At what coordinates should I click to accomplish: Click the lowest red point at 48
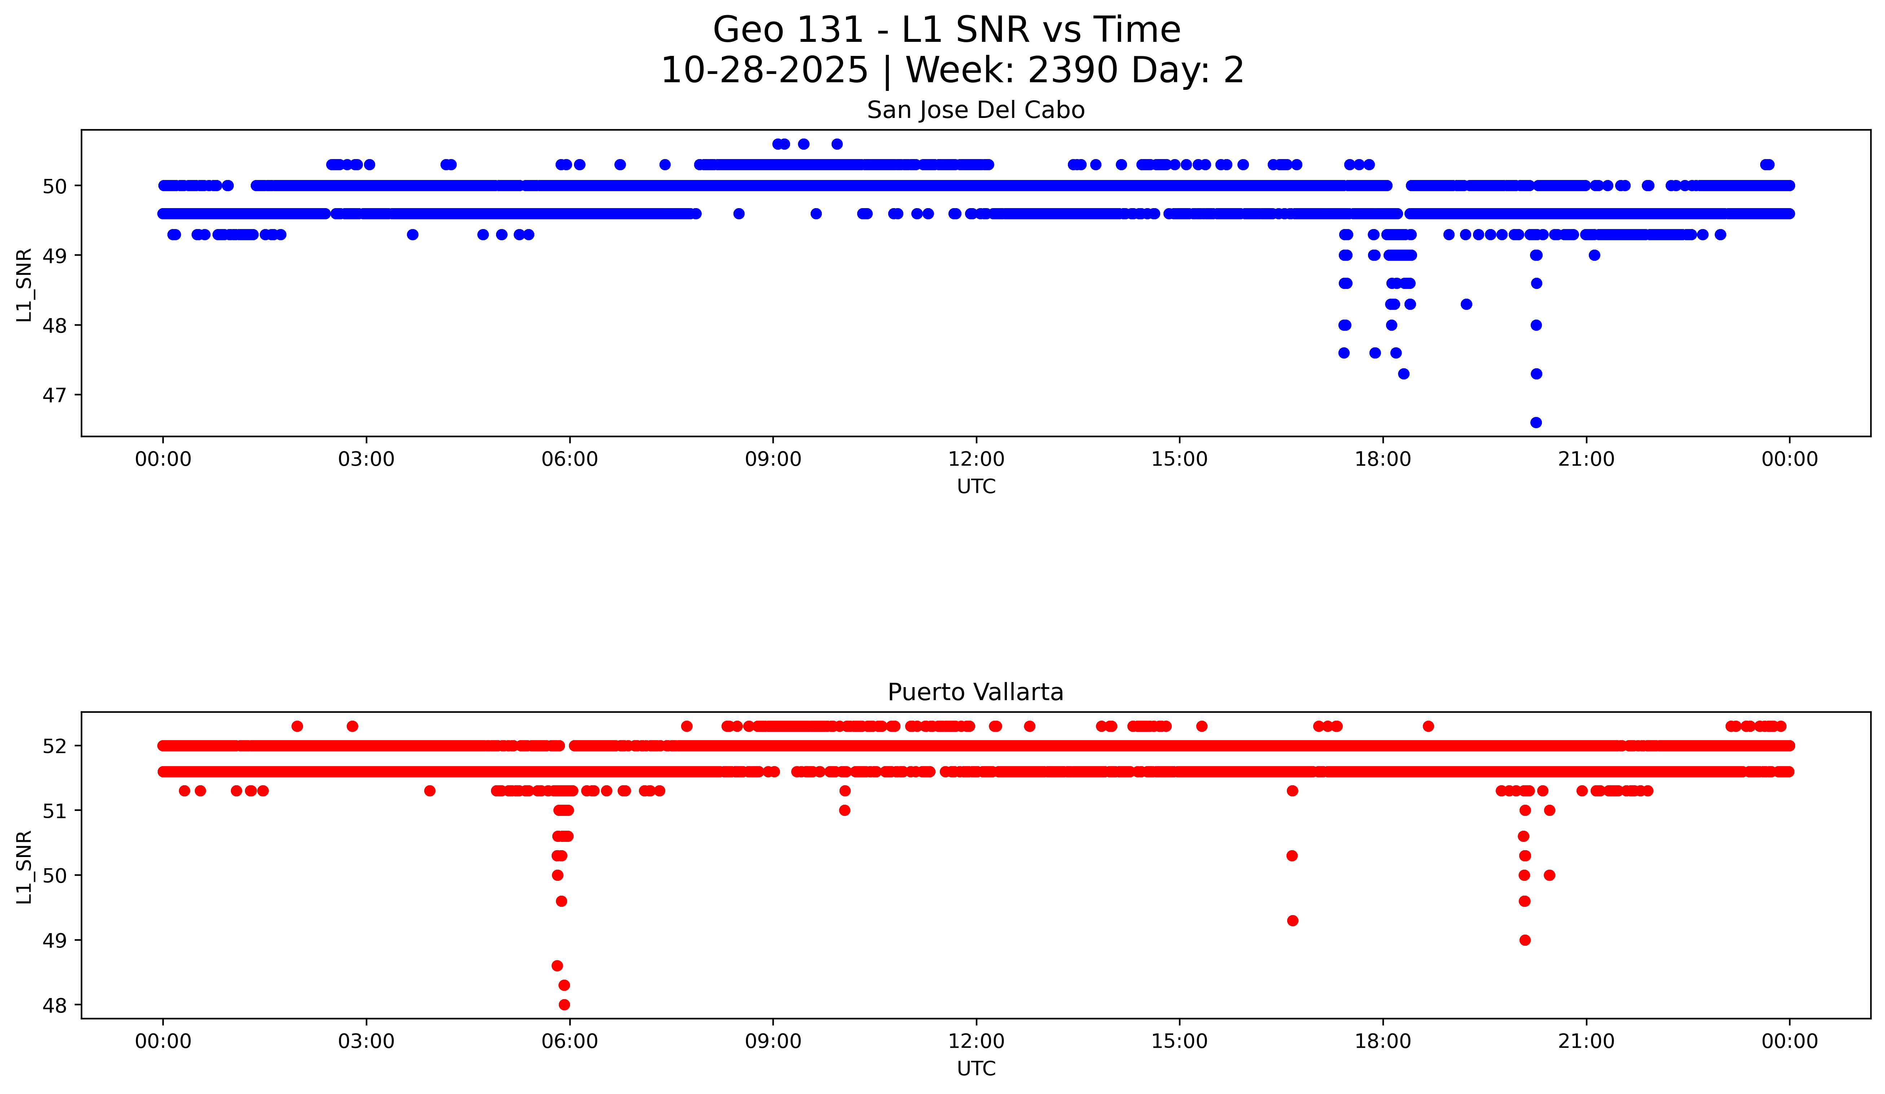(564, 1004)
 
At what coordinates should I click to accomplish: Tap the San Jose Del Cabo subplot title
(976, 111)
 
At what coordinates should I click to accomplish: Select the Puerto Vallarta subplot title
(976, 693)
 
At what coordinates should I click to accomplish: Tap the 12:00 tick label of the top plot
(976, 459)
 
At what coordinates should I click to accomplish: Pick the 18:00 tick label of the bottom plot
(1382, 1041)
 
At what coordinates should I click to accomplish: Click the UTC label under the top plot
(976, 487)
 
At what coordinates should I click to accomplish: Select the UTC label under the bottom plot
(976, 1069)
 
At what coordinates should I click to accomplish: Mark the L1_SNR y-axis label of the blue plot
(25, 285)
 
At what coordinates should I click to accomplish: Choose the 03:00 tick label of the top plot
(367, 459)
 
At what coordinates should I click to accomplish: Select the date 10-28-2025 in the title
(764, 70)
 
